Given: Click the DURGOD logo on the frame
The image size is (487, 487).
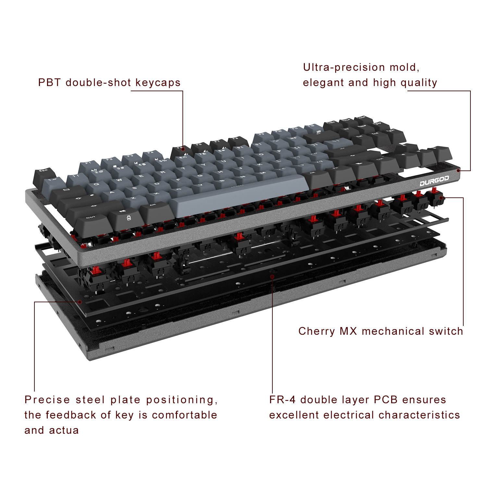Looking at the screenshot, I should [434, 181].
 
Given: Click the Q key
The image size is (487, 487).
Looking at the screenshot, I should [96, 184].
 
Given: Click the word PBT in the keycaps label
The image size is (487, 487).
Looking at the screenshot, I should [49, 82].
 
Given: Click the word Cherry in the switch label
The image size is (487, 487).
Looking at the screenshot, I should [317, 331].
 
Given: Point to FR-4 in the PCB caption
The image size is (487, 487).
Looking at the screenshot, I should [282, 400].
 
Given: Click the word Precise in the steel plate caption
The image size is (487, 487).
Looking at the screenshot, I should [47, 400].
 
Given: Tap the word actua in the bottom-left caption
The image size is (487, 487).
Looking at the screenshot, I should [64, 430].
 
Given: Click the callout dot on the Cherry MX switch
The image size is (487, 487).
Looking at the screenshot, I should [441, 197].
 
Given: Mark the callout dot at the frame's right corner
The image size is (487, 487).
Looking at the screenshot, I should [458, 170].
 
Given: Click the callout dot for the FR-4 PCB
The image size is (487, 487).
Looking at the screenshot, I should [272, 277].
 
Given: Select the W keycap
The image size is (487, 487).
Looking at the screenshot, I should [119, 180].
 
